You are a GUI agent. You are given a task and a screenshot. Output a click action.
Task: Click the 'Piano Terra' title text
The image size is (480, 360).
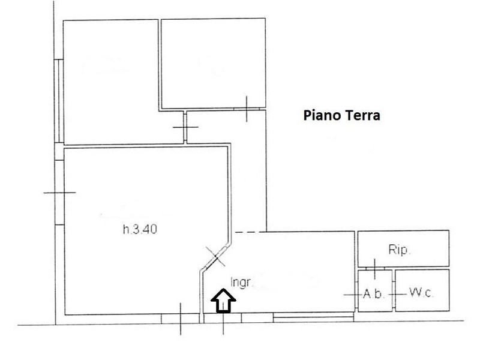(341, 115)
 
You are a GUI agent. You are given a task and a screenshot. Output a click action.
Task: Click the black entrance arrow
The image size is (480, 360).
(223, 300)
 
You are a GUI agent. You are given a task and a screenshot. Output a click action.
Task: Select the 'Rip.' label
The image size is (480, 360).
(400, 250)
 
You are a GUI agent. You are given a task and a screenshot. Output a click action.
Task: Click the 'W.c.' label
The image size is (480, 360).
(422, 293)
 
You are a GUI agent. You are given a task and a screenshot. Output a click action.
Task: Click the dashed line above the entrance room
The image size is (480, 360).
(249, 232)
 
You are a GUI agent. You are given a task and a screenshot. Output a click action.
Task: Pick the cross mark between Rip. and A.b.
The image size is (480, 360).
(374, 268)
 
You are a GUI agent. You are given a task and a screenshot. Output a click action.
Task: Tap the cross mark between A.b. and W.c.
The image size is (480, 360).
(394, 295)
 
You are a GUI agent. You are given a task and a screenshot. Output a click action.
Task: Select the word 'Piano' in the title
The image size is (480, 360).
(319, 115)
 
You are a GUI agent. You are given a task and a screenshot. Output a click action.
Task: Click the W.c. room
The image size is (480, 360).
(422, 290)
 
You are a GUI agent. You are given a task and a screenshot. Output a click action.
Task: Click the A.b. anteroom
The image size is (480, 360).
(375, 290)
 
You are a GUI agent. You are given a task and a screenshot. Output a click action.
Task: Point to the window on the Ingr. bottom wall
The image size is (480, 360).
(312, 315)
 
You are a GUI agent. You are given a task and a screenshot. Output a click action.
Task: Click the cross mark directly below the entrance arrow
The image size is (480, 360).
(223, 324)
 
